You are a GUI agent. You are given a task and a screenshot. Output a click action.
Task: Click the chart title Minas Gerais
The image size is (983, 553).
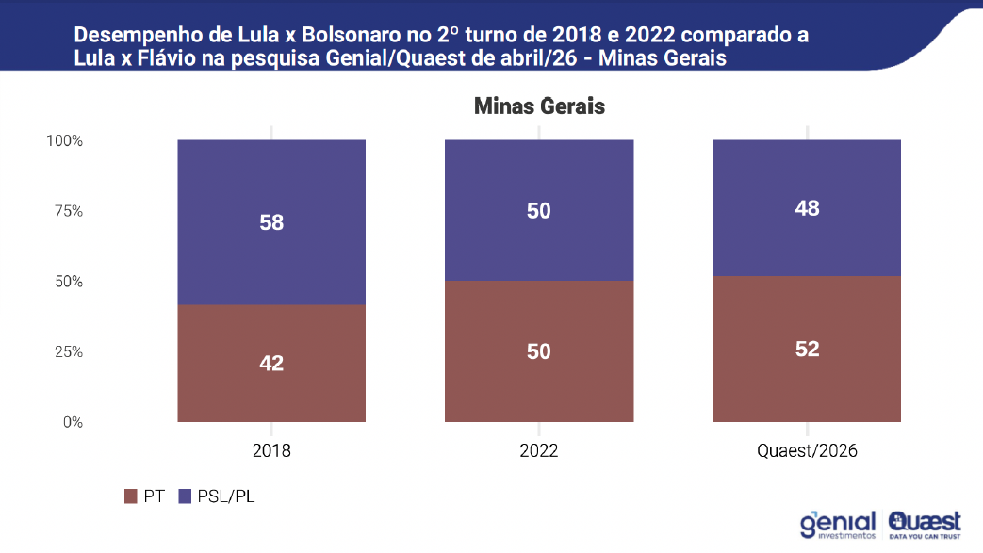539,106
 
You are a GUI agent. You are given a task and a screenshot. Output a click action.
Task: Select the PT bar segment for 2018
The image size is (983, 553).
271,363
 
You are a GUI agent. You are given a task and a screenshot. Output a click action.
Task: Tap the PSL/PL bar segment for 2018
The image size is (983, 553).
271,222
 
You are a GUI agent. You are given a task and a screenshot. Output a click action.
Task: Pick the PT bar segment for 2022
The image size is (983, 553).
539,351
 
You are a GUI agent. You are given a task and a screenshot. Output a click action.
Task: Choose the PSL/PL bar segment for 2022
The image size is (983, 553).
539,210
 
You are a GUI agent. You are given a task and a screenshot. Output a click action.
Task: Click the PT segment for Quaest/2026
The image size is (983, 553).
807,349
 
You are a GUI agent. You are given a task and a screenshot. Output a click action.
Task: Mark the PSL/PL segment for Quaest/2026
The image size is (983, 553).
807,207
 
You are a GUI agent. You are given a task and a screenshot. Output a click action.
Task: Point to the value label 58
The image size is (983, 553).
271,222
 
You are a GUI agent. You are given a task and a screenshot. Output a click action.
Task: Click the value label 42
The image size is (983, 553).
271,363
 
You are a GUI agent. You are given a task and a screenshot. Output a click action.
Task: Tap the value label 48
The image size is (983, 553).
807,208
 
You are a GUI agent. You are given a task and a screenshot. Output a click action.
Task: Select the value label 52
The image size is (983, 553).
807,349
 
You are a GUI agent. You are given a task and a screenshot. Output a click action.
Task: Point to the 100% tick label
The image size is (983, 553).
65,140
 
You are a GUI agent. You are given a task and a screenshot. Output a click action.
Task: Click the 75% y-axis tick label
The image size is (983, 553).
69,211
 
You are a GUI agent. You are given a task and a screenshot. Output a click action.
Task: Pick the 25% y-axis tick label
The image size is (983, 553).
69,351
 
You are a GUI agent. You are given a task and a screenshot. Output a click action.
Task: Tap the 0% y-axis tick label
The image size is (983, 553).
73,422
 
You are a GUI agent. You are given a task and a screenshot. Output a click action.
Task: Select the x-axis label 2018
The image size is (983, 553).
271,451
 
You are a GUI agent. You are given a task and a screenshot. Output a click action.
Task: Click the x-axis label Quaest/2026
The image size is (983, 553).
807,451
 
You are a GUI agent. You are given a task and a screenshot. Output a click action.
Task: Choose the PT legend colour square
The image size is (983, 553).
130,496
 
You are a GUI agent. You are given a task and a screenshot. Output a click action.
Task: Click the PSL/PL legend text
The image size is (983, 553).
225,496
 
